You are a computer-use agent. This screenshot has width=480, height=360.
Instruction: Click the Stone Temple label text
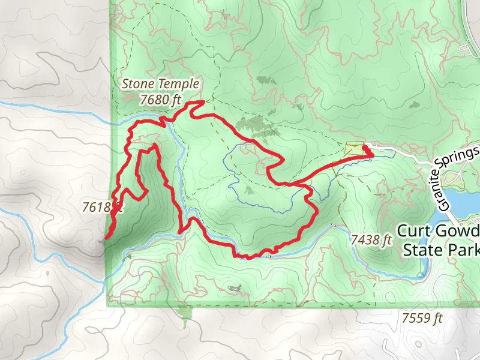point(160,84)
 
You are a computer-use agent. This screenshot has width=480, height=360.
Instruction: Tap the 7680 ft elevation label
point(160,100)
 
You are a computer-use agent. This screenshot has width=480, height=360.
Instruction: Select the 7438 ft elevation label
point(371,240)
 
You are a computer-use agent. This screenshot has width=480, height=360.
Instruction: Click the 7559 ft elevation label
point(422,318)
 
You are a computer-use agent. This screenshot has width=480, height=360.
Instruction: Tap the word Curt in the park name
point(413,231)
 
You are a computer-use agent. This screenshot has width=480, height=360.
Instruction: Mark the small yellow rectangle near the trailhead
point(354,148)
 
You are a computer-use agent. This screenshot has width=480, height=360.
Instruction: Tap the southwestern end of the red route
point(106,238)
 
